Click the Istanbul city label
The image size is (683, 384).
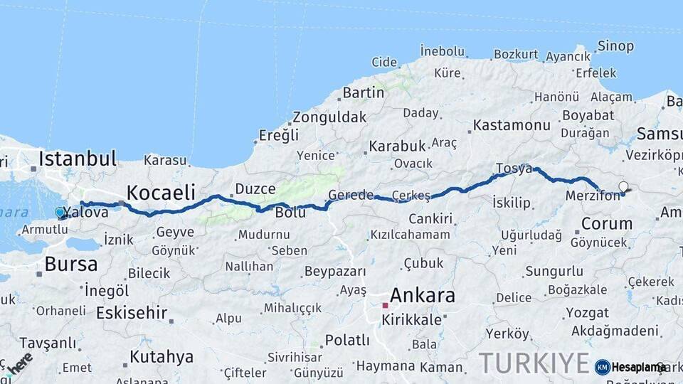(x=78, y=158)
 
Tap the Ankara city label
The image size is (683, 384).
(x=422, y=295)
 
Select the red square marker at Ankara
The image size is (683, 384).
(x=385, y=305)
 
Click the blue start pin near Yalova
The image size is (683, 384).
(x=60, y=212)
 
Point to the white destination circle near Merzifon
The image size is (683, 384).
(x=623, y=187)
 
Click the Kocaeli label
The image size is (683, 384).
(x=161, y=192)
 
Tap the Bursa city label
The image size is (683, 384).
(x=71, y=264)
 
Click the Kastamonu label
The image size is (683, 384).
(x=512, y=125)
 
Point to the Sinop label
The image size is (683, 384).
(x=616, y=46)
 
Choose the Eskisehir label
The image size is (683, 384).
(x=132, y=313)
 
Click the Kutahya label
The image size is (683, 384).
(x=162, y=356)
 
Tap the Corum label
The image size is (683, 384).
(x=606, y=223)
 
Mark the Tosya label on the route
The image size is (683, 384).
(x=514, y=169)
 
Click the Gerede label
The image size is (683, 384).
(x=351, y=195)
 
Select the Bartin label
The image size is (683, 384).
(x=363, y=92)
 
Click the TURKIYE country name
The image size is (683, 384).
(x=534, y=363)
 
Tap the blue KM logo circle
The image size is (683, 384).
(x=603, y=367)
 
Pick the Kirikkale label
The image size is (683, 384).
(x=412, y=319)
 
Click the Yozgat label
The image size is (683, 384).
(x=588, y=313)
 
